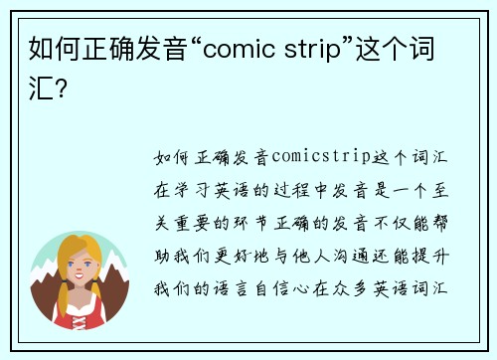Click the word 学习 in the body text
tap(199, 185)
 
